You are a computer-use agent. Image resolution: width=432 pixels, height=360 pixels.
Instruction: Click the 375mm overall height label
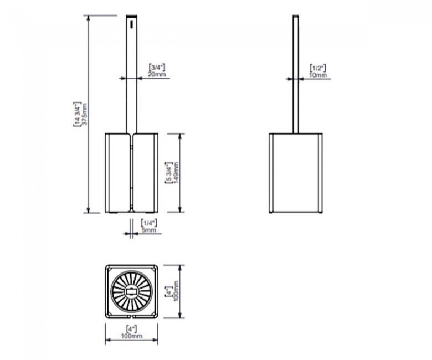(x=85, y=114)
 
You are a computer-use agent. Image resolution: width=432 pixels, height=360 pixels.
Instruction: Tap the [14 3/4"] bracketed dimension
(x=77, y=114)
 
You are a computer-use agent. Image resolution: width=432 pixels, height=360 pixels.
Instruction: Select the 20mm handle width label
(x=157, y=74)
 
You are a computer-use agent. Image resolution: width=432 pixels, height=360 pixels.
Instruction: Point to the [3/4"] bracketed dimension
(x=157, y=67)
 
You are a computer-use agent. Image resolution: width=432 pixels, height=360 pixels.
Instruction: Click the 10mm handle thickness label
(x=318, y=75)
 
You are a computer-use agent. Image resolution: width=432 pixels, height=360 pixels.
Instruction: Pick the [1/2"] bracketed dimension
(x=318, y=68)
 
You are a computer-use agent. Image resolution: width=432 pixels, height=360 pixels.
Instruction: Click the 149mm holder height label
(x=176, y=173)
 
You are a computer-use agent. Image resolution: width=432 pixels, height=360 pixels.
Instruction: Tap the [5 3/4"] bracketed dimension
(x=169, y=173)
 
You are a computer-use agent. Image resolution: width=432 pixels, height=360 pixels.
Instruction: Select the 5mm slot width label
(x=149, y=230)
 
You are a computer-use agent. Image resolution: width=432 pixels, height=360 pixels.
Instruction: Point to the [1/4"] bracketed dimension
(x=149, y=223)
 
